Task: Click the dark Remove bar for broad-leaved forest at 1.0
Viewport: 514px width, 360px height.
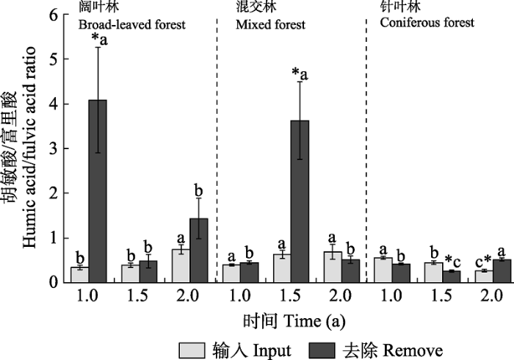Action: [x=98, y=191]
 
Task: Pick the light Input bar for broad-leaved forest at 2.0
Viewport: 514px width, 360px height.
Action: [x=180, y=265]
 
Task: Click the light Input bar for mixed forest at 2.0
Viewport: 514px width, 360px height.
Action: [x=333, y=267]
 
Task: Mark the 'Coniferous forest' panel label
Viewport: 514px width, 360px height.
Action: [x=428, y=23]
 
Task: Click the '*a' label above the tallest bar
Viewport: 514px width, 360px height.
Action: [x=98, y=38]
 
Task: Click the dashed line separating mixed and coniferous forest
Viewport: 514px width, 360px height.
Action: [x=366, y=147]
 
